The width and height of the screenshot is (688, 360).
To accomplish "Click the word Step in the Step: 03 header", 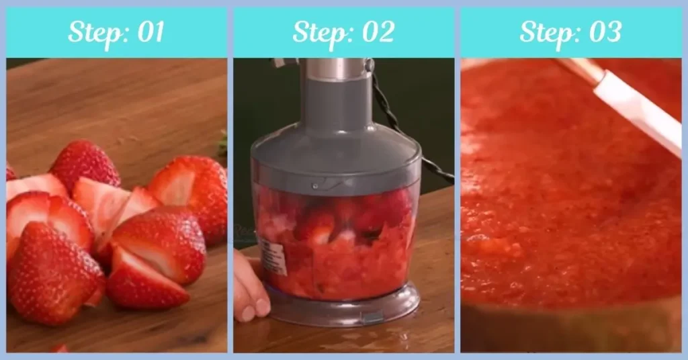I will [545, 32].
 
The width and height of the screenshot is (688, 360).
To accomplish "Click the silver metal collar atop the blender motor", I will [336, 68].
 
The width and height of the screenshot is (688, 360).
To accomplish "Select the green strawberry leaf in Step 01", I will [222, 142].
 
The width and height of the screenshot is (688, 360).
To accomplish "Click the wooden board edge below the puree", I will [571, 329].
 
